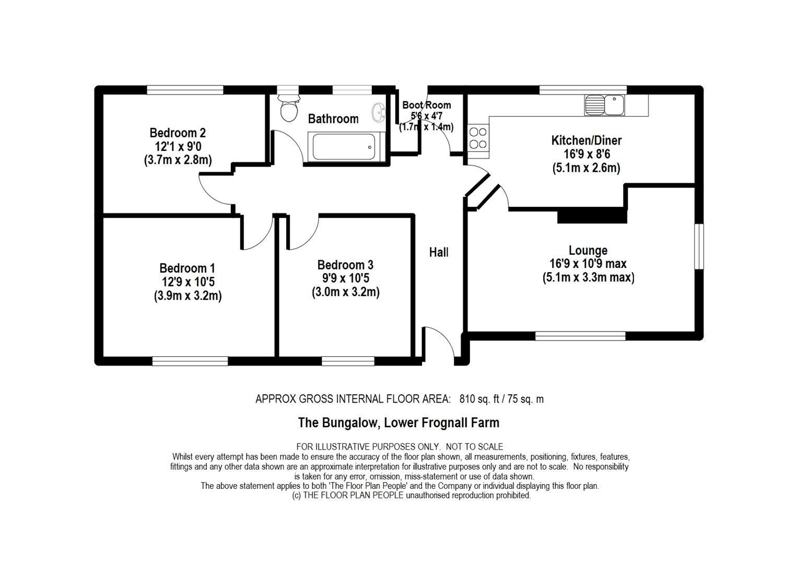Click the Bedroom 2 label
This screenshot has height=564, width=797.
178,133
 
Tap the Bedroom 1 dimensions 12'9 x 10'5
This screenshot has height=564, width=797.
188,282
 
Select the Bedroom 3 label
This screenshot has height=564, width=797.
345,265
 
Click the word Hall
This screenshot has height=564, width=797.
439,252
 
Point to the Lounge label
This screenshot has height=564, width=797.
588,250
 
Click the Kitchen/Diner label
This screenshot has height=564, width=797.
587,140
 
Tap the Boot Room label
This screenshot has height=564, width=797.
426,105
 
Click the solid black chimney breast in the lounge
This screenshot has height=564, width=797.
592,215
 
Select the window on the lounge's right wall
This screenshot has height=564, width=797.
698,246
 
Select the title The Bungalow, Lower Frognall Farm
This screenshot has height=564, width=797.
398,422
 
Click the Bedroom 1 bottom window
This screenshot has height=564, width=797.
190,361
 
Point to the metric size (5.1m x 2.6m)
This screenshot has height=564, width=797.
586,168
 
